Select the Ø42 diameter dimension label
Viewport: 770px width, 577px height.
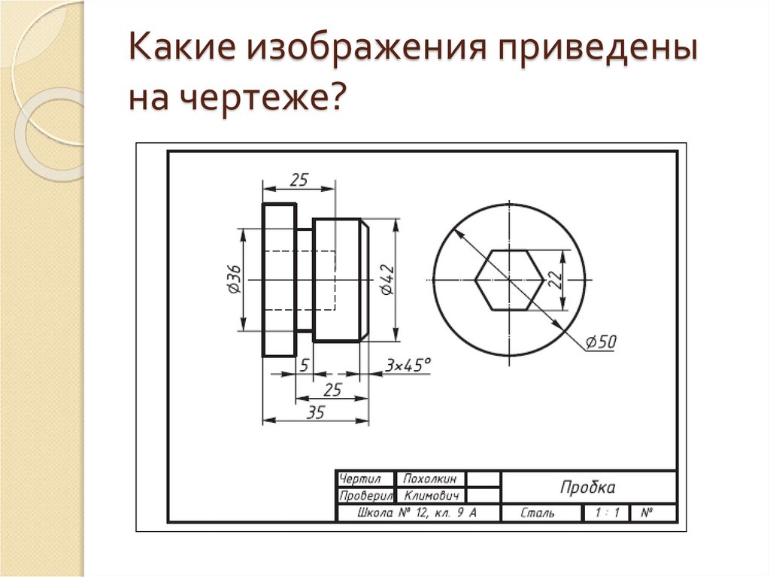click(x=386, y=279)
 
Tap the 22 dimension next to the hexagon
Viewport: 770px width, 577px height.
click(x=554, y=279)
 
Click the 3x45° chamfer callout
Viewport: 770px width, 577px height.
click(x=408, y=365)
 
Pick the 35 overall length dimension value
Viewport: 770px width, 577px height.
click(x=315, y=411)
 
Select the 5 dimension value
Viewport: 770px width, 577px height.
click(x=304, y=366)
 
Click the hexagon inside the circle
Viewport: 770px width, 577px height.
click(x=508, y=279)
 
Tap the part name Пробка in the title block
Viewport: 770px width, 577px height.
click(x=587, y=487)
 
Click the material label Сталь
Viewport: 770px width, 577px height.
click(x=538, y=513)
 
